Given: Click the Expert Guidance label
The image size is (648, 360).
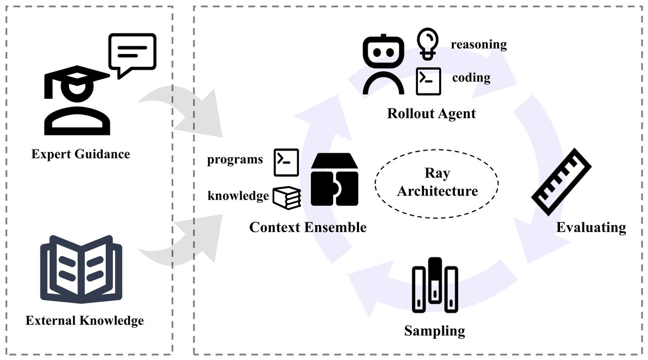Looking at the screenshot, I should [x=80, y=154].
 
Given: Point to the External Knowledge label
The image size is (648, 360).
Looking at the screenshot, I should [x=85, y=321].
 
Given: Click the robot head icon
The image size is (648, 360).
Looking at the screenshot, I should [x=383, y=65].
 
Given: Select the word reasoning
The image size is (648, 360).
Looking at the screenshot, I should [x=478, y=44].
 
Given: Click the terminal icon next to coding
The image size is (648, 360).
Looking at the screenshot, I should [x=428, y=80].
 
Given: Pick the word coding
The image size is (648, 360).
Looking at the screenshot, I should [x=471, y=78].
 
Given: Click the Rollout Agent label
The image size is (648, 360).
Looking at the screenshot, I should [x=431, y=114].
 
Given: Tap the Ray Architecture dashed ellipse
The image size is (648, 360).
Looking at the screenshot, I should [x=436, y=182].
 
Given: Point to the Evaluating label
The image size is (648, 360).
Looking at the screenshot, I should [x=591, y=227].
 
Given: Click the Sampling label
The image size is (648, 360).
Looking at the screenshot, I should [x=434, y=330].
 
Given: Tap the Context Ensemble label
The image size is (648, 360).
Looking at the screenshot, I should [x=308, y=227].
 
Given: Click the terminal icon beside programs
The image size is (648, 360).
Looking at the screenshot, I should [x=286, y=162].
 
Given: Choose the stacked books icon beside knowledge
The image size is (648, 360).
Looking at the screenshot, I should [x=286, y=198].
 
